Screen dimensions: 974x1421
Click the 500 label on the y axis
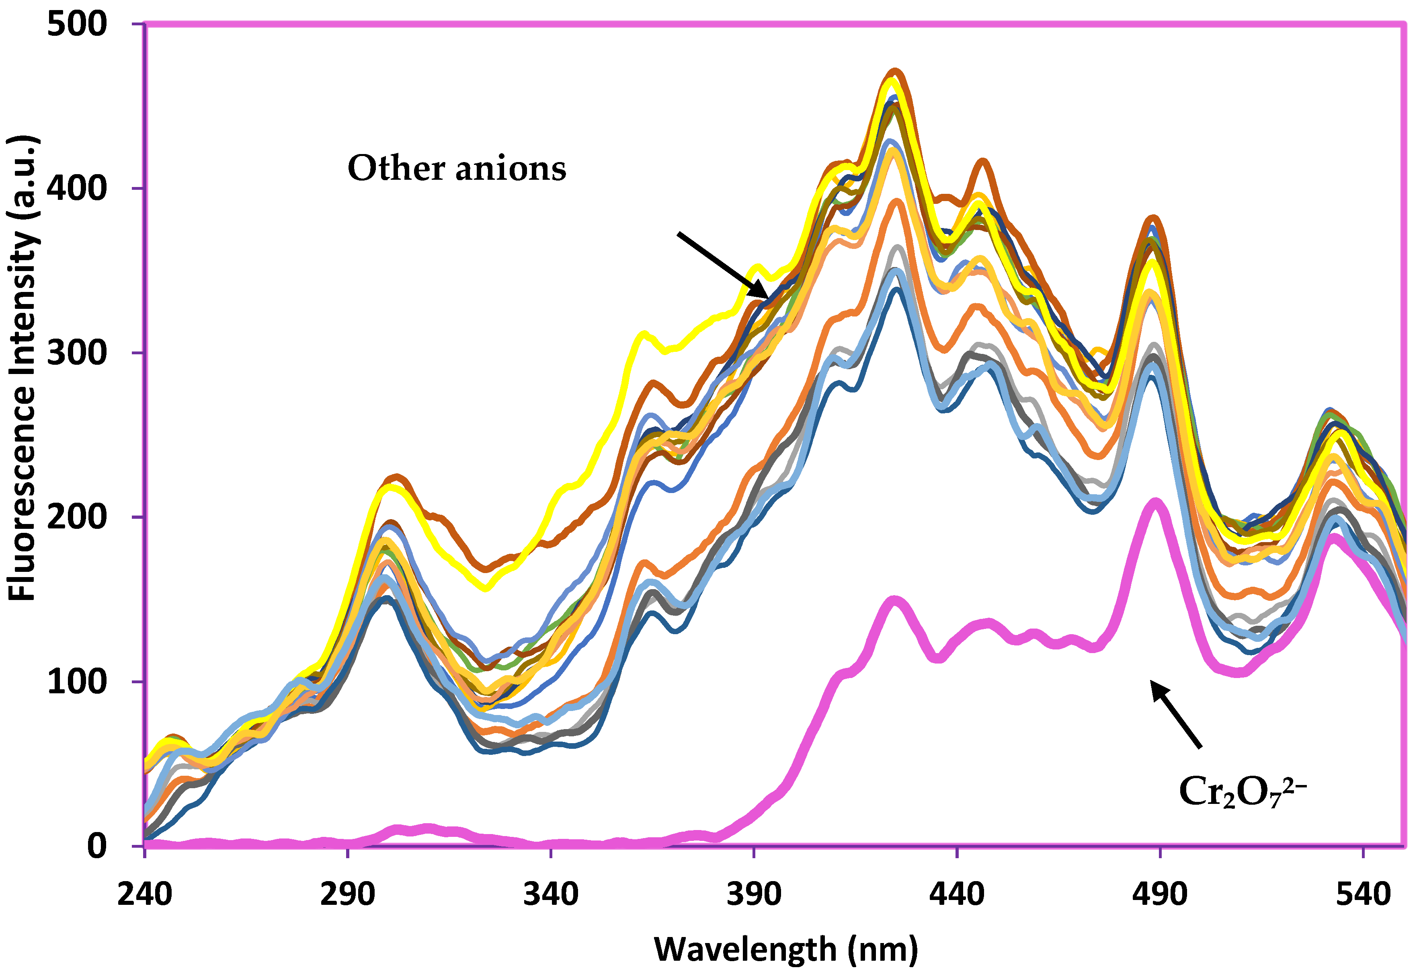[76, 26]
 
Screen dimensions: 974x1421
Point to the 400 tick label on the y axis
[76, 188]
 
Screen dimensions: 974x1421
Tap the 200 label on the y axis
[76, 517]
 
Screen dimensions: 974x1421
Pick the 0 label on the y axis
[96, 846]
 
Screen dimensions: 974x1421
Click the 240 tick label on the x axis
[144, 894]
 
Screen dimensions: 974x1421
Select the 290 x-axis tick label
[347, 894]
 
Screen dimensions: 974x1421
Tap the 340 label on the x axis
[550, 894]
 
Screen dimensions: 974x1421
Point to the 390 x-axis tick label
[753, 894]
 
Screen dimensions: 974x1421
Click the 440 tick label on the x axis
[957, 894]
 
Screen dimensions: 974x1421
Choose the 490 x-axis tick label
[1160, 894]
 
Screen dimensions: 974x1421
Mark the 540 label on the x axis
[1363, 894]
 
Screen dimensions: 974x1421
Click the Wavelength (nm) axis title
[786, 949]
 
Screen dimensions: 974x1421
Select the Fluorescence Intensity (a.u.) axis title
[23, 367]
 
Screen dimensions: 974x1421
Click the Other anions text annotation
[457, 168]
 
